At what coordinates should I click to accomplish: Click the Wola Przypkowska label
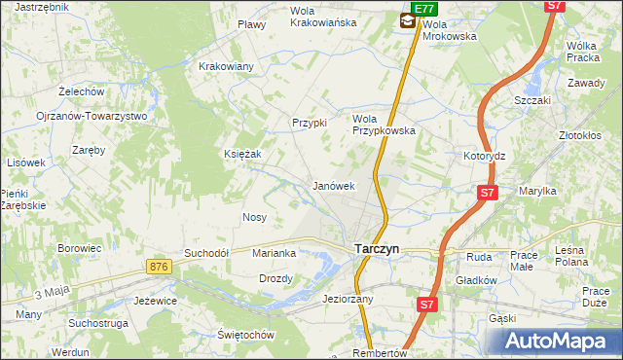pos(384,124)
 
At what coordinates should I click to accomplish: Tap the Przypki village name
pos(310,123)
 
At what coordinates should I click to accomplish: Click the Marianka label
pos(274,253)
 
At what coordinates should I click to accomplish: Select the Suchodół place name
pos(206,253)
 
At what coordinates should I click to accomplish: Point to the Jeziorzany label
pos(348,300)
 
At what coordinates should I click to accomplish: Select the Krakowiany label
pos(226,66)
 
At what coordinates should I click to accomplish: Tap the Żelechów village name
pos(81,90)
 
